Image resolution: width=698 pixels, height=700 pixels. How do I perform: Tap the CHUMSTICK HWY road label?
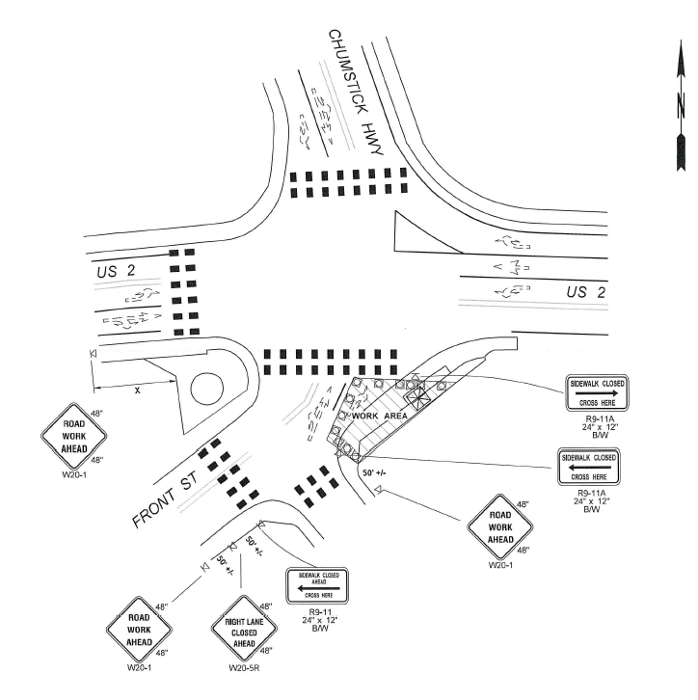358,93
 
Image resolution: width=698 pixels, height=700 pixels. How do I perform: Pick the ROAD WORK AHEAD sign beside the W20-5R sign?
140,632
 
